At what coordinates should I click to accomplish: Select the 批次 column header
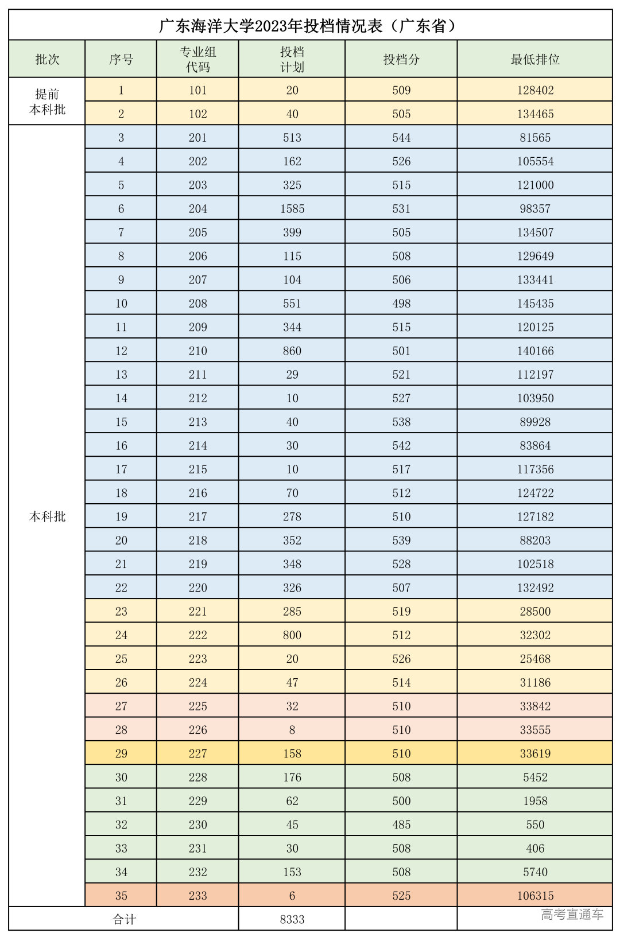(47, 59)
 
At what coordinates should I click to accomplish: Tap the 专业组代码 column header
(197, 59)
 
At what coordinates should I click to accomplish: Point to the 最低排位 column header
(535, 59)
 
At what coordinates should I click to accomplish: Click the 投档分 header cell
(401, 59)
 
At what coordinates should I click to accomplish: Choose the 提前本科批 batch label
(47, 102)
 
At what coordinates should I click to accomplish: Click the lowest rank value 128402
(535, 90)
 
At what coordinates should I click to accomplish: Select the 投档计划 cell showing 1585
(292, 209)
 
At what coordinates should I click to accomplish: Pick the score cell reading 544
(401, 138)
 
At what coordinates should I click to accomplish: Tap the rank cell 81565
(535, 138)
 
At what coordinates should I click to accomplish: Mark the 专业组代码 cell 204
(197, 209)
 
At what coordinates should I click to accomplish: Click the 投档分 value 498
(401, 304)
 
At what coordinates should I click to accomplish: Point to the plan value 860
(292, 351)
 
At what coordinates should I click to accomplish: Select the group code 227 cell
(197, 753)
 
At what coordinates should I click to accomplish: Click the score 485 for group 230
(401, 825)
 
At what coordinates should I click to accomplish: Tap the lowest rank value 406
(535, 848)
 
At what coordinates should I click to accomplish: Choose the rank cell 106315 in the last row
(535, 896)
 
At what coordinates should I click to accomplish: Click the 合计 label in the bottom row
(124, 919)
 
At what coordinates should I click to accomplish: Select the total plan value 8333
(292, 919)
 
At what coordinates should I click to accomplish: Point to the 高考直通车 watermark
(572, 915)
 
